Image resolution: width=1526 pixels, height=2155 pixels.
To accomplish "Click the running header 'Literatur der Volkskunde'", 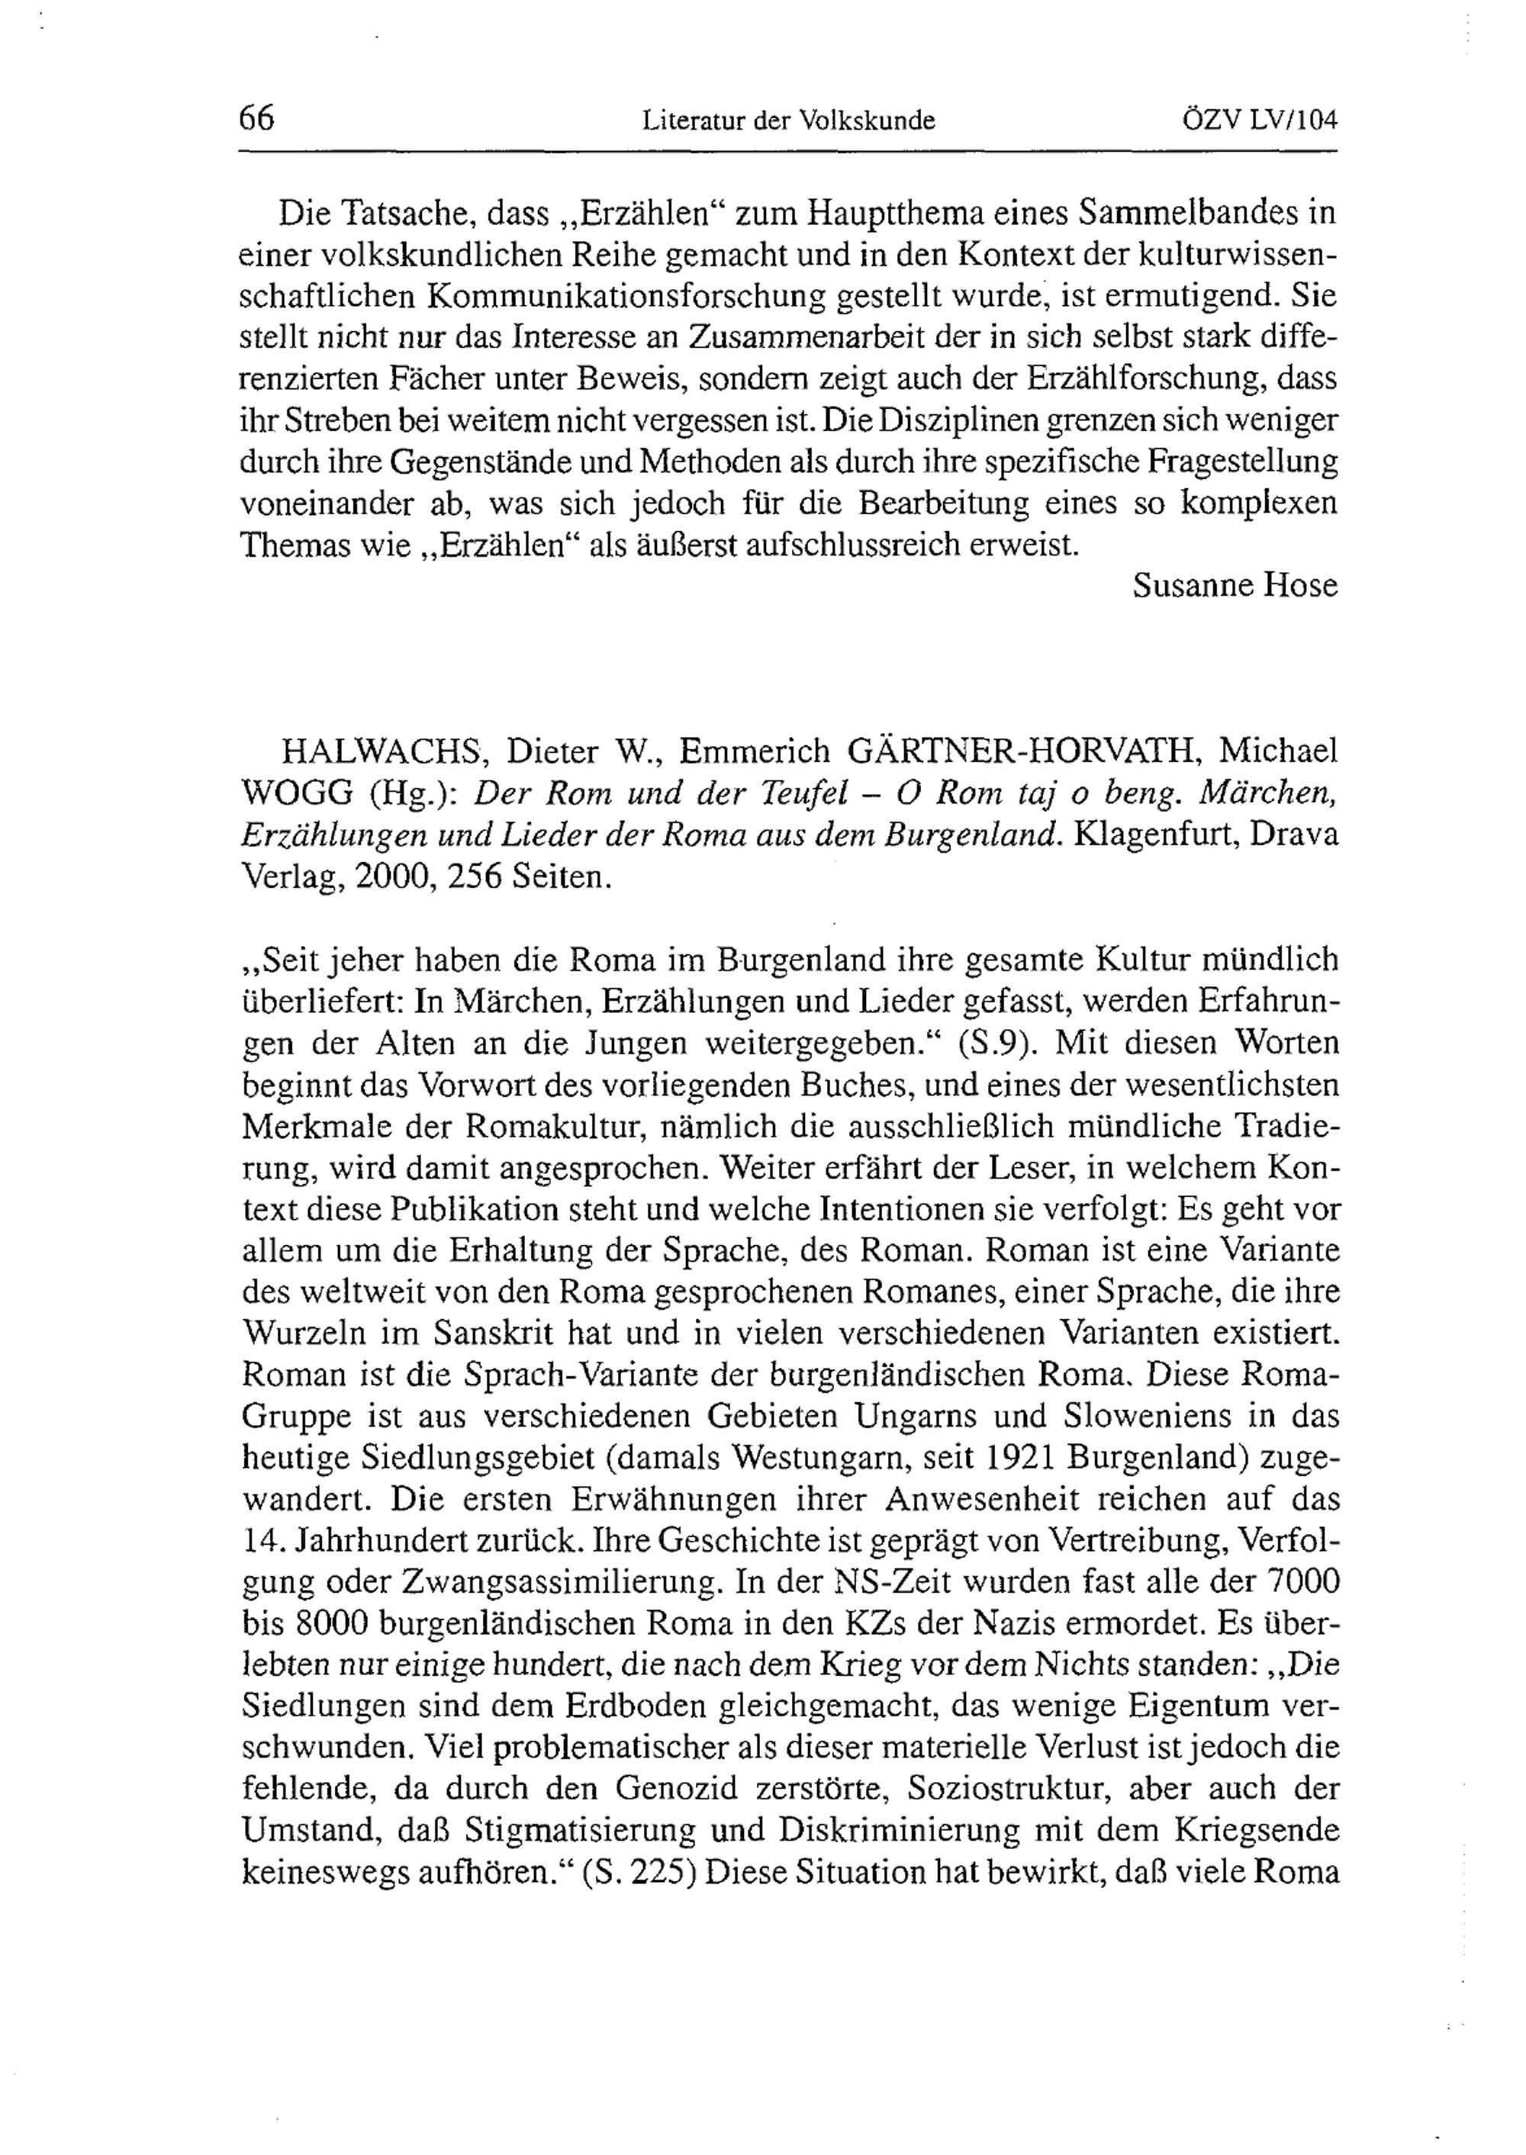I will pyautogui.click(x=788, y=121).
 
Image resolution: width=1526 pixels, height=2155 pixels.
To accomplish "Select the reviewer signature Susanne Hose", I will pyautogui.click(x=1235, y=585).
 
